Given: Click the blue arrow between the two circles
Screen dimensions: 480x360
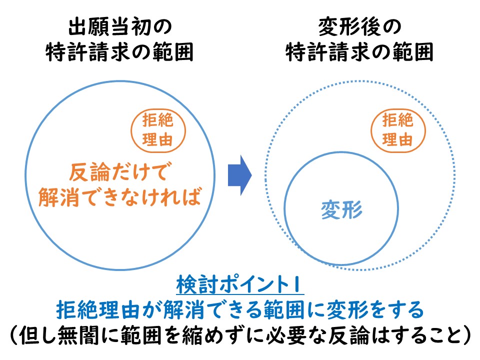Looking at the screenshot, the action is click(239, 175).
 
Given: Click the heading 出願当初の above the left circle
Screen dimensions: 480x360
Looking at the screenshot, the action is click(120, 27).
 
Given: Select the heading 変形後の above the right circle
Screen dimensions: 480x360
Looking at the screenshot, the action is click(360, 27).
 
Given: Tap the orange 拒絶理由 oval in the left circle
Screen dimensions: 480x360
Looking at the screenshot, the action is click(158, 130).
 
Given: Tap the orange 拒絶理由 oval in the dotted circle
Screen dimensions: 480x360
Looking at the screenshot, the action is click(398, 130).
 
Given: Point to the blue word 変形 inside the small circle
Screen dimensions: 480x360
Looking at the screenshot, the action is click(341, 210).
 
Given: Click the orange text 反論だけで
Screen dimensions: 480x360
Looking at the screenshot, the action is click(118, 172).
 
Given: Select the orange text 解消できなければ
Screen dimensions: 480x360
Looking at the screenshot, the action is click(119, 196).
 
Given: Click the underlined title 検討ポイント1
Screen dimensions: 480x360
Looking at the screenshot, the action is click(240, 284).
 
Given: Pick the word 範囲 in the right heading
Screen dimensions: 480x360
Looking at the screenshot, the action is click(412, 52).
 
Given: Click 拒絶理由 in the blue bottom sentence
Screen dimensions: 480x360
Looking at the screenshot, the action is click(97, 310).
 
